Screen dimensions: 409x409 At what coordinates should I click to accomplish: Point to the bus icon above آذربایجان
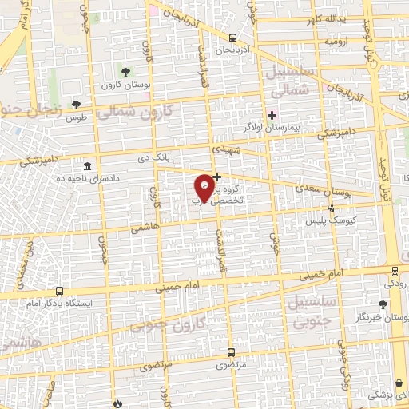point(232,38)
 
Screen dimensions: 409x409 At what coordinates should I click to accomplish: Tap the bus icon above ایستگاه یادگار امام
point(60,292)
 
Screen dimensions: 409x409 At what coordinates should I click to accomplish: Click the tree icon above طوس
point(76,105)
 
